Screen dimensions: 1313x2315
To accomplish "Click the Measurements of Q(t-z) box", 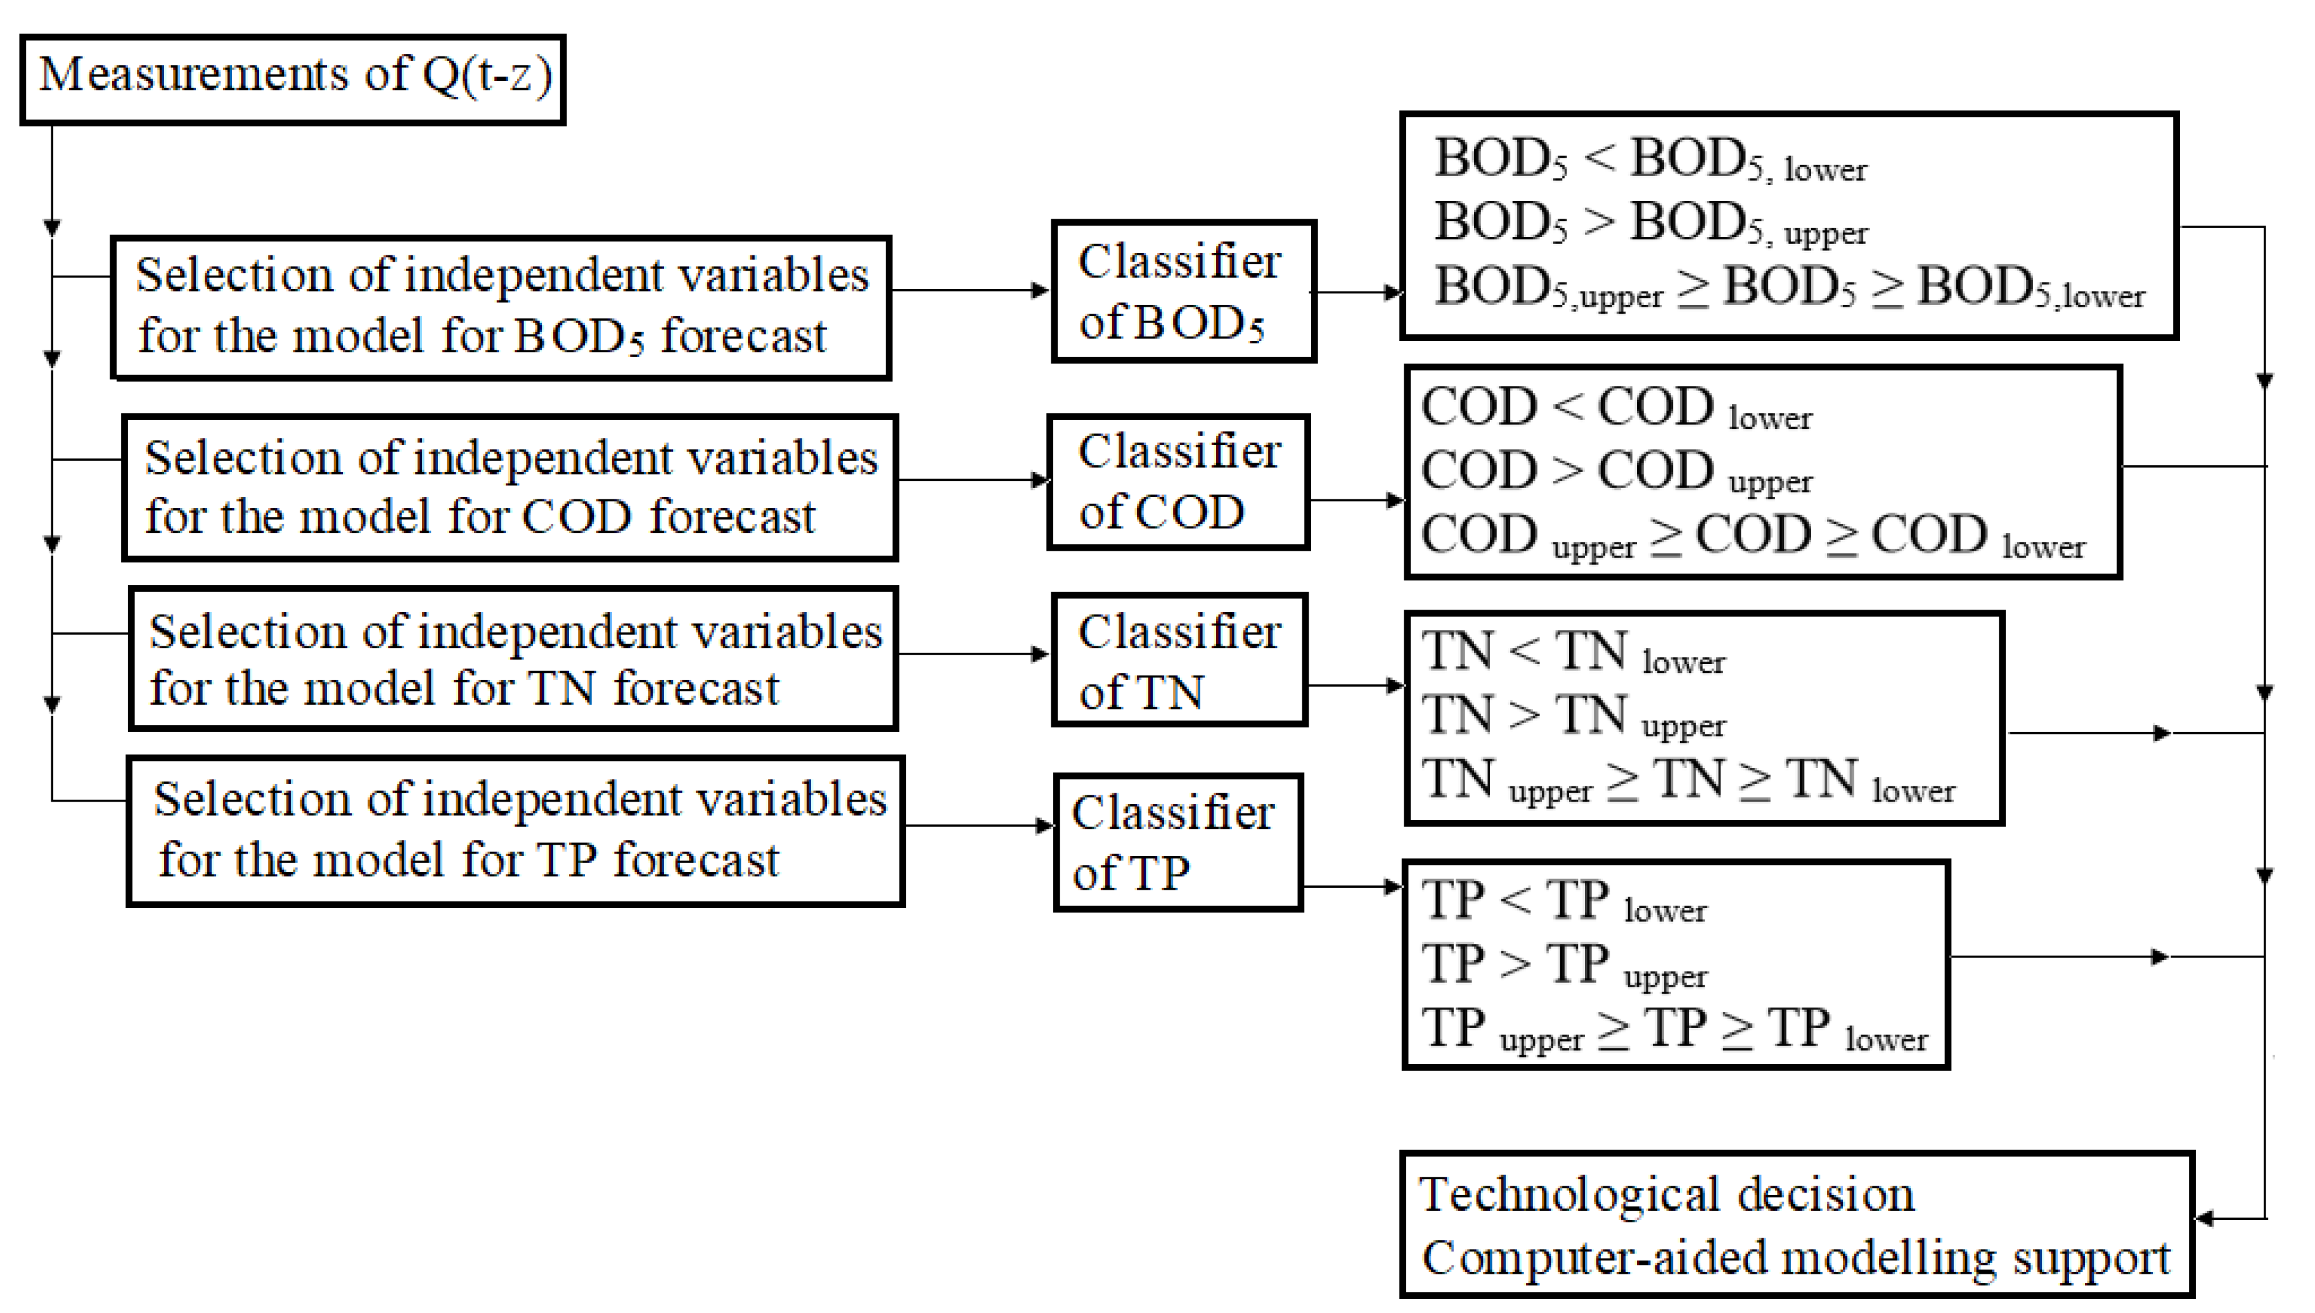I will (x=292, y=79).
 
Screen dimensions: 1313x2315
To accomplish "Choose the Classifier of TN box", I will (x=1179, y=659).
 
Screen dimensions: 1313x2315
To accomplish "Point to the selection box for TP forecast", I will (x=515, y=831).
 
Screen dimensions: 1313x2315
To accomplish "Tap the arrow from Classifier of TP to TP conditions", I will (x=1353, y=887).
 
